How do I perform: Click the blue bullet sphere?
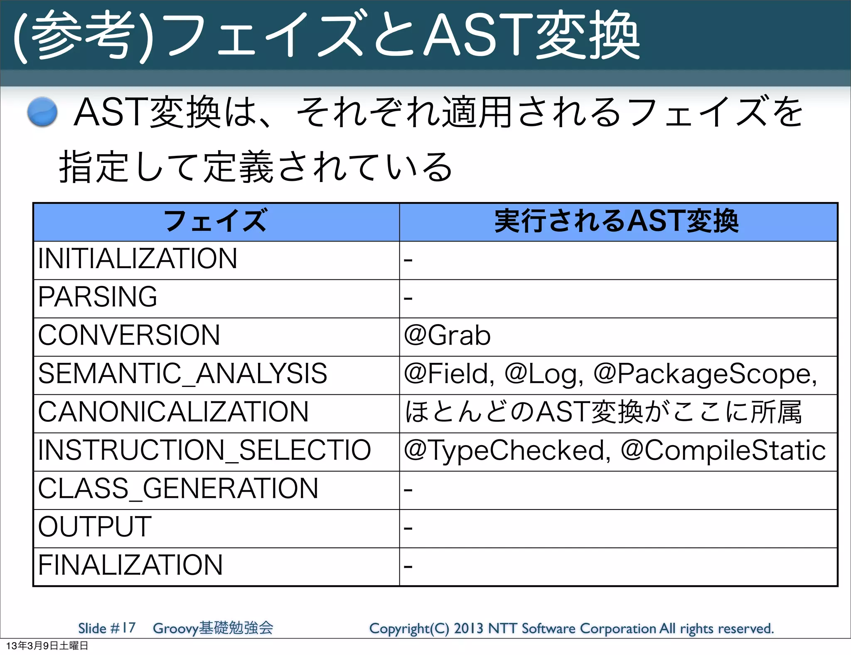[x=42, y=111]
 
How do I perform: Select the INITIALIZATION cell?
[x=138, y=259]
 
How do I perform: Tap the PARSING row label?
[x=98, y=297]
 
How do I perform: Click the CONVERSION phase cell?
[x=129, y=335]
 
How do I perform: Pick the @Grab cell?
[x=447, y=335]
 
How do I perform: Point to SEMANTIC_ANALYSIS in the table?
[x=182, y=374]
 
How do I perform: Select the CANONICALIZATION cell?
[x=173, y=412]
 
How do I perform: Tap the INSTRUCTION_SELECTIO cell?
[x=204, y=450]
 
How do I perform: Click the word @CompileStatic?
[x=723, y=451]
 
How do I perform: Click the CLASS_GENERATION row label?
[x=178, y=488]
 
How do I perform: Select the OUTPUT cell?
[x=95, y=527]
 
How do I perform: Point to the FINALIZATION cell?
[x=130, y=565]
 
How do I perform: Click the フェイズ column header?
[x=215, y=221]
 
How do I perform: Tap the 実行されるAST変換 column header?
[x=617, y=221]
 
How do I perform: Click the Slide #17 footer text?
[x=107, y=628]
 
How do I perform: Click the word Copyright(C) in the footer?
[x=409, y=628]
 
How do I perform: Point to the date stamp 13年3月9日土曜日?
[x=47, y=646]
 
